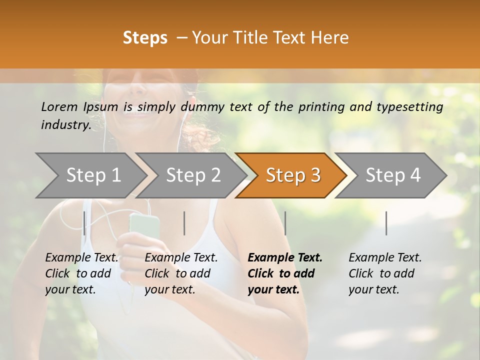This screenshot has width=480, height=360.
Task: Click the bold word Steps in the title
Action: [145, 38]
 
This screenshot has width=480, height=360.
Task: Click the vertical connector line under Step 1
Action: [84, 223]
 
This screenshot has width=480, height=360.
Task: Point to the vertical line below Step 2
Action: [184, 223]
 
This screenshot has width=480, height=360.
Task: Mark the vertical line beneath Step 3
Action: [285, 223]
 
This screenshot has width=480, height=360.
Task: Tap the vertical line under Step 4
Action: [386, 223]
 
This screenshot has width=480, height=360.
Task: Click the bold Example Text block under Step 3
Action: [285, 273]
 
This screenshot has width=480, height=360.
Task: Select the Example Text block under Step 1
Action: [81, 273]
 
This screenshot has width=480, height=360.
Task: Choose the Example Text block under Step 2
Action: [181, 273]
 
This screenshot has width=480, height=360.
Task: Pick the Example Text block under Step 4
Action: [385, 273]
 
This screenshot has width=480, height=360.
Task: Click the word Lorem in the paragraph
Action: [59, 106]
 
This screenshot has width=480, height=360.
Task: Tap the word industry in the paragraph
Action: [65, 125]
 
